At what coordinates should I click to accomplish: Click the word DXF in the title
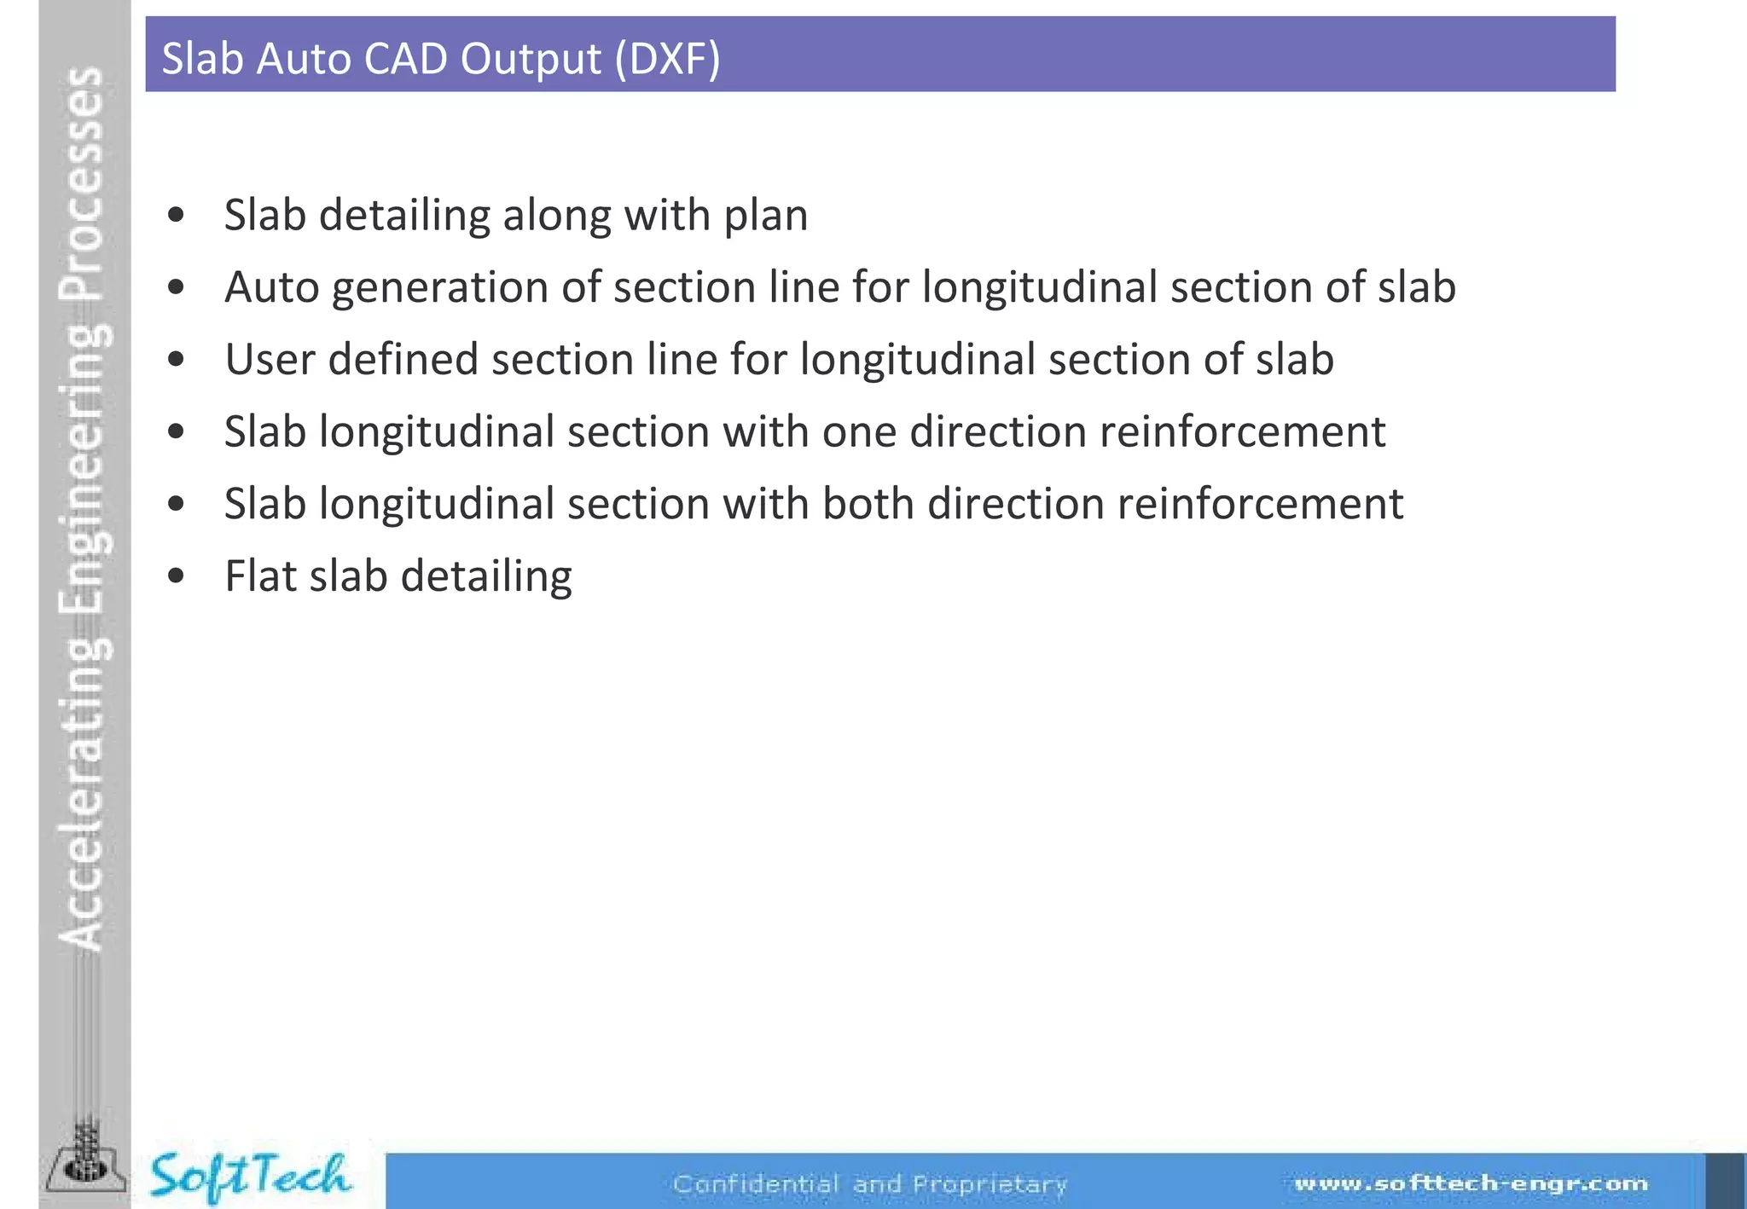(667, 59)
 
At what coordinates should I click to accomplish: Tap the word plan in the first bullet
(765, 216)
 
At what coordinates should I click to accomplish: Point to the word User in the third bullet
(270, 359)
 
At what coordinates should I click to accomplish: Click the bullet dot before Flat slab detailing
(177, 577)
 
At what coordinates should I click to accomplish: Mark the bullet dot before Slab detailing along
(177, 216)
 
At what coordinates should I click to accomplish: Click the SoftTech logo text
(249, 1177)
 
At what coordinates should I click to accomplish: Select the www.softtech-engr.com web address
(1471, 1183)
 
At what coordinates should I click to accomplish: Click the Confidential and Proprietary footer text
(869, 1183)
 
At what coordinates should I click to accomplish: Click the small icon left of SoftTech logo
(85, 1160)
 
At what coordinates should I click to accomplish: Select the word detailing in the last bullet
(485, 576)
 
